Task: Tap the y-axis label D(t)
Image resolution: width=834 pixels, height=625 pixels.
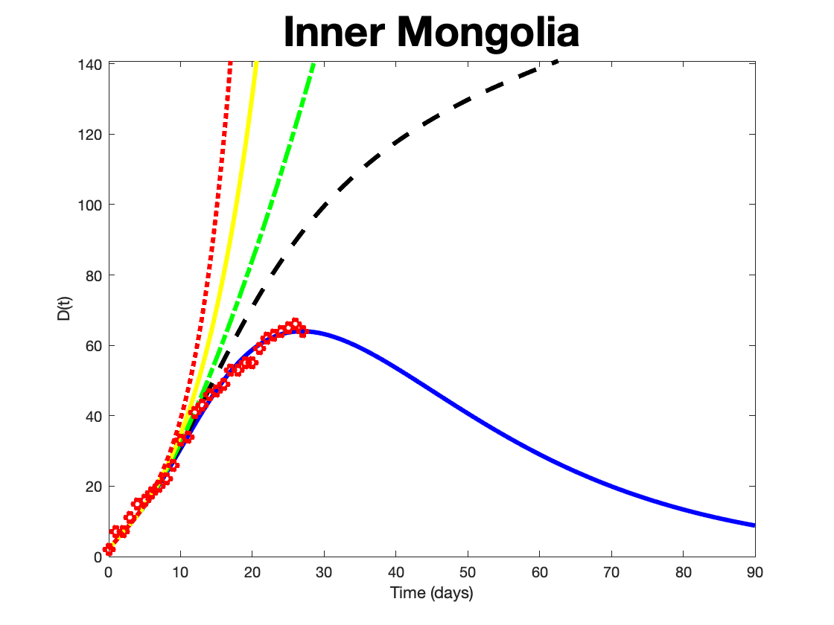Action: [x=66, y=309]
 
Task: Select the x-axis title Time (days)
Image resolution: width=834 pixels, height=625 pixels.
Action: [x=432, y=593]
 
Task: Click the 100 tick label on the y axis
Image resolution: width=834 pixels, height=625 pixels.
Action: [x=92, y=205]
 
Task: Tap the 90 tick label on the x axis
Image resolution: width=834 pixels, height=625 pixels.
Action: [x=755, y=572]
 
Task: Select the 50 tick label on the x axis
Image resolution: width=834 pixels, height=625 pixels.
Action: [x=468, y=572]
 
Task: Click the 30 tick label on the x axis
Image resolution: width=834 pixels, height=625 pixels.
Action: [x=324, y=572]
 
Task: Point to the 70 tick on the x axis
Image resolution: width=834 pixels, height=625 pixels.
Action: [x=611, y=572]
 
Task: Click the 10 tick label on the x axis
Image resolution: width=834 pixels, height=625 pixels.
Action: [x=180, y=572]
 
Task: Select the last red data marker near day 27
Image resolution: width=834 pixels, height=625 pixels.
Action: [x=302, y=332]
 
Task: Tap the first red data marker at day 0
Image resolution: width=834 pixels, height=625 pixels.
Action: [x=109, y=550]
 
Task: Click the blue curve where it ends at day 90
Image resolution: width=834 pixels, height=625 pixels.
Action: [x=754, y=525]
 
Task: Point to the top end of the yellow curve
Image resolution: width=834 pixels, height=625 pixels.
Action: [x=256, y=62]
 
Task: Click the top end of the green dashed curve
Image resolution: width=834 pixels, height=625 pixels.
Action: [x=314, y=62]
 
